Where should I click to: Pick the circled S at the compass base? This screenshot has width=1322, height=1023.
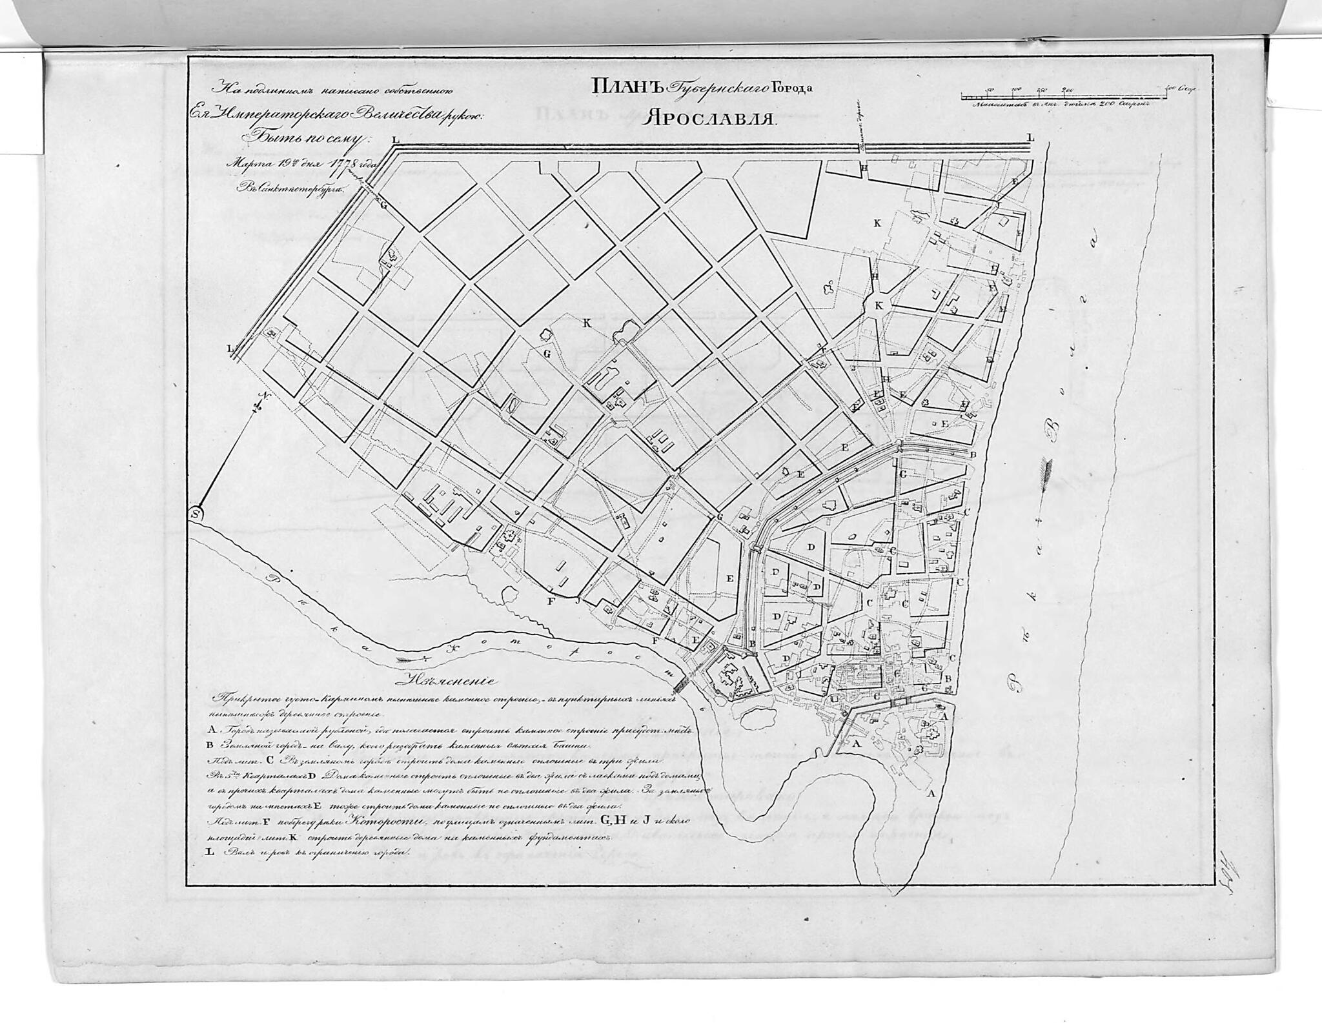coord(197,514)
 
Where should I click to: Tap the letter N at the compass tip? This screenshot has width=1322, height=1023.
coord(261,395)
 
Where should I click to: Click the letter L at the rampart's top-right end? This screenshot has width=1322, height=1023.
coord(1030,137)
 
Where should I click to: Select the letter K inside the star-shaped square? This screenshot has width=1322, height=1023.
coord(879,306)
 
